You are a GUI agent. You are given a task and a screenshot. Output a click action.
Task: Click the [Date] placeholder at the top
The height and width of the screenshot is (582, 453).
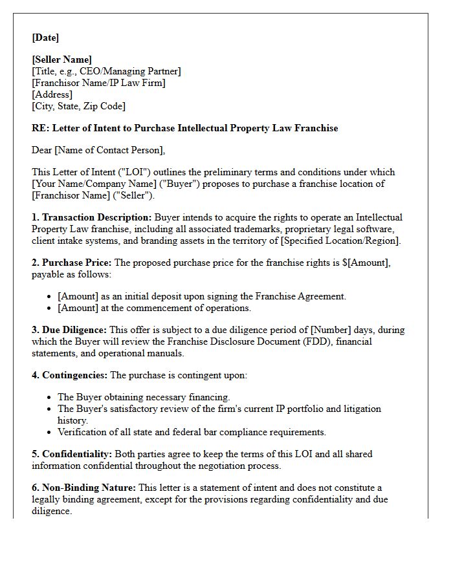click(45, 38)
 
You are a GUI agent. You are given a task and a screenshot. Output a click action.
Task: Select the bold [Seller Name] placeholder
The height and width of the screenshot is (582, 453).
click(62, 59)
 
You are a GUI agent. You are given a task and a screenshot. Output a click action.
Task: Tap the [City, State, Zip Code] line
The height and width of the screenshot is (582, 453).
click(78, 106)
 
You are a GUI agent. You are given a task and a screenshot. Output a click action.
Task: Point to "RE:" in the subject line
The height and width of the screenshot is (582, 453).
click(40, 128)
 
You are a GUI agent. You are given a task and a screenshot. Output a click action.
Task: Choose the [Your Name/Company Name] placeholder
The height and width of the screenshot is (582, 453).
click(88, 184)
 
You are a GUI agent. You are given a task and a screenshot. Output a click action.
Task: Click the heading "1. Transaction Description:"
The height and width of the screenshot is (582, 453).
click(92, 217)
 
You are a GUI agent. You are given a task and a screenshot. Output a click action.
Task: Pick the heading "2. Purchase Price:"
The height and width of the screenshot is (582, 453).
click(71, 263)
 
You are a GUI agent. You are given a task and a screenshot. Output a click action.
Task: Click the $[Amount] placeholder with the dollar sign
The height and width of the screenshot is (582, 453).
click(362, 263)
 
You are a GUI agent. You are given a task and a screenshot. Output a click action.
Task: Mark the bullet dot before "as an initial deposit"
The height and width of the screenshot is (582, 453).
click(50, 297)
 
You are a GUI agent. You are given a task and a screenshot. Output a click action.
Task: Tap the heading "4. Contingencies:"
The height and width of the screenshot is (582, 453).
click(70, 375)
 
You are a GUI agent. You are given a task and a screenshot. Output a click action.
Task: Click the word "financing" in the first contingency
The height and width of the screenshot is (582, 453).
click(209, 397)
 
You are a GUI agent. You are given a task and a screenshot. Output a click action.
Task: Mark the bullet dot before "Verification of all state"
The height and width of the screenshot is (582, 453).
click(50, 433)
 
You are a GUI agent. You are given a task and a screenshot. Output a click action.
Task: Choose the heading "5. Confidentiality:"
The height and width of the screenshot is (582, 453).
click(72, 454)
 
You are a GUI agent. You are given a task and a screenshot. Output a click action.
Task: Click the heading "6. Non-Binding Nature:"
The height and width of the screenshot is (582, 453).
click(83, 488)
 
